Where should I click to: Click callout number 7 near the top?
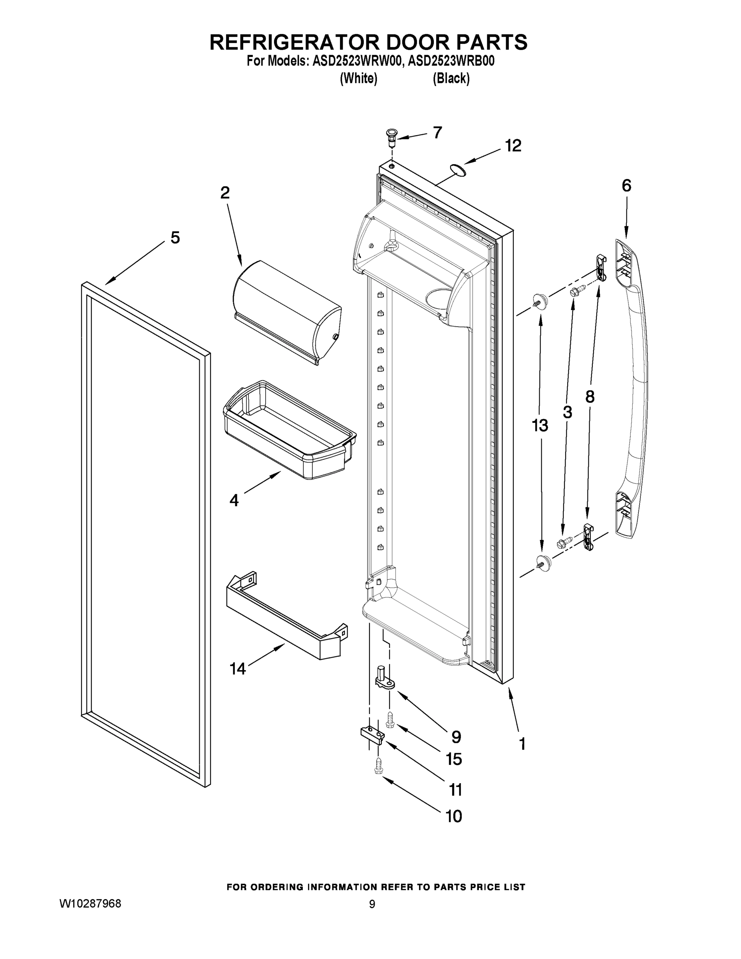[x=437, y=132]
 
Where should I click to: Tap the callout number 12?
[x=513, y=145]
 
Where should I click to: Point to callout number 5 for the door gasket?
[x=175, y=238]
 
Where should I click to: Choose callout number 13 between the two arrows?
[x=540, y=426]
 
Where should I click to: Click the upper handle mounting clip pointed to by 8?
[x=601, y=268]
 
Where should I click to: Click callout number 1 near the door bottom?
[x=522, y=744]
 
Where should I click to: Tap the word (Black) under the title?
[x=451, y=79]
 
